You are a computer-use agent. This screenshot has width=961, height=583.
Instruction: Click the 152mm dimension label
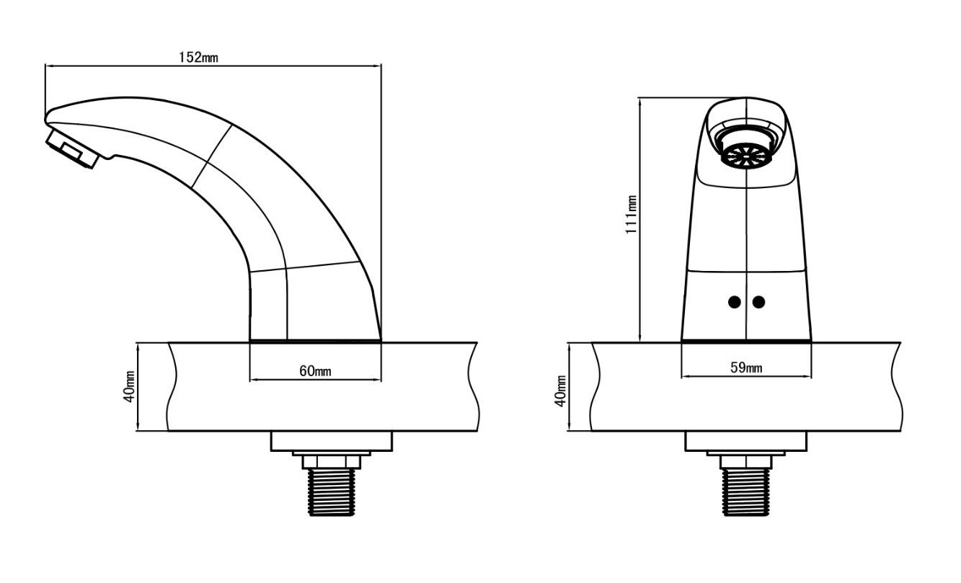(198, 58)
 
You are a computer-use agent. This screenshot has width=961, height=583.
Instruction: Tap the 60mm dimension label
(315, 371)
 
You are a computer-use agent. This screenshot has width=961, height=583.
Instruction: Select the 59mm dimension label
(746, 368)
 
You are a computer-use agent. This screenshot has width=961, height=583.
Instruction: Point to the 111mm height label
(631, 215)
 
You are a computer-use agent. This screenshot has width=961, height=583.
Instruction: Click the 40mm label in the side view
(130, 386)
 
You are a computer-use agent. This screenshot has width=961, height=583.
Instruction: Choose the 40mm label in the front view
(561, 391)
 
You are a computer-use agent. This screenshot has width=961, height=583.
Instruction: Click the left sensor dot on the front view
(735, 302)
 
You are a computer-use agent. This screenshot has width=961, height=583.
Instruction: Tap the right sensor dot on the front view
(758, 302)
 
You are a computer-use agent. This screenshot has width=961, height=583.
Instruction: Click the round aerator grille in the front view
(746, 155)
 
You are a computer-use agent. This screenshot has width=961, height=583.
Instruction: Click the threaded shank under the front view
(746, 491)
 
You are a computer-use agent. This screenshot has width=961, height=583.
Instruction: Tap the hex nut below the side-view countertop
(332, 462)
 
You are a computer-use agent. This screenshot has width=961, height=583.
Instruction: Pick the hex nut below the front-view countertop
(746, 462)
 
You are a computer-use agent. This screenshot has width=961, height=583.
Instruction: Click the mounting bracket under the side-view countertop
(331, 442)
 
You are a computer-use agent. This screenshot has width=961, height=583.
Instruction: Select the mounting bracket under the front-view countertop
(745, 442)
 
